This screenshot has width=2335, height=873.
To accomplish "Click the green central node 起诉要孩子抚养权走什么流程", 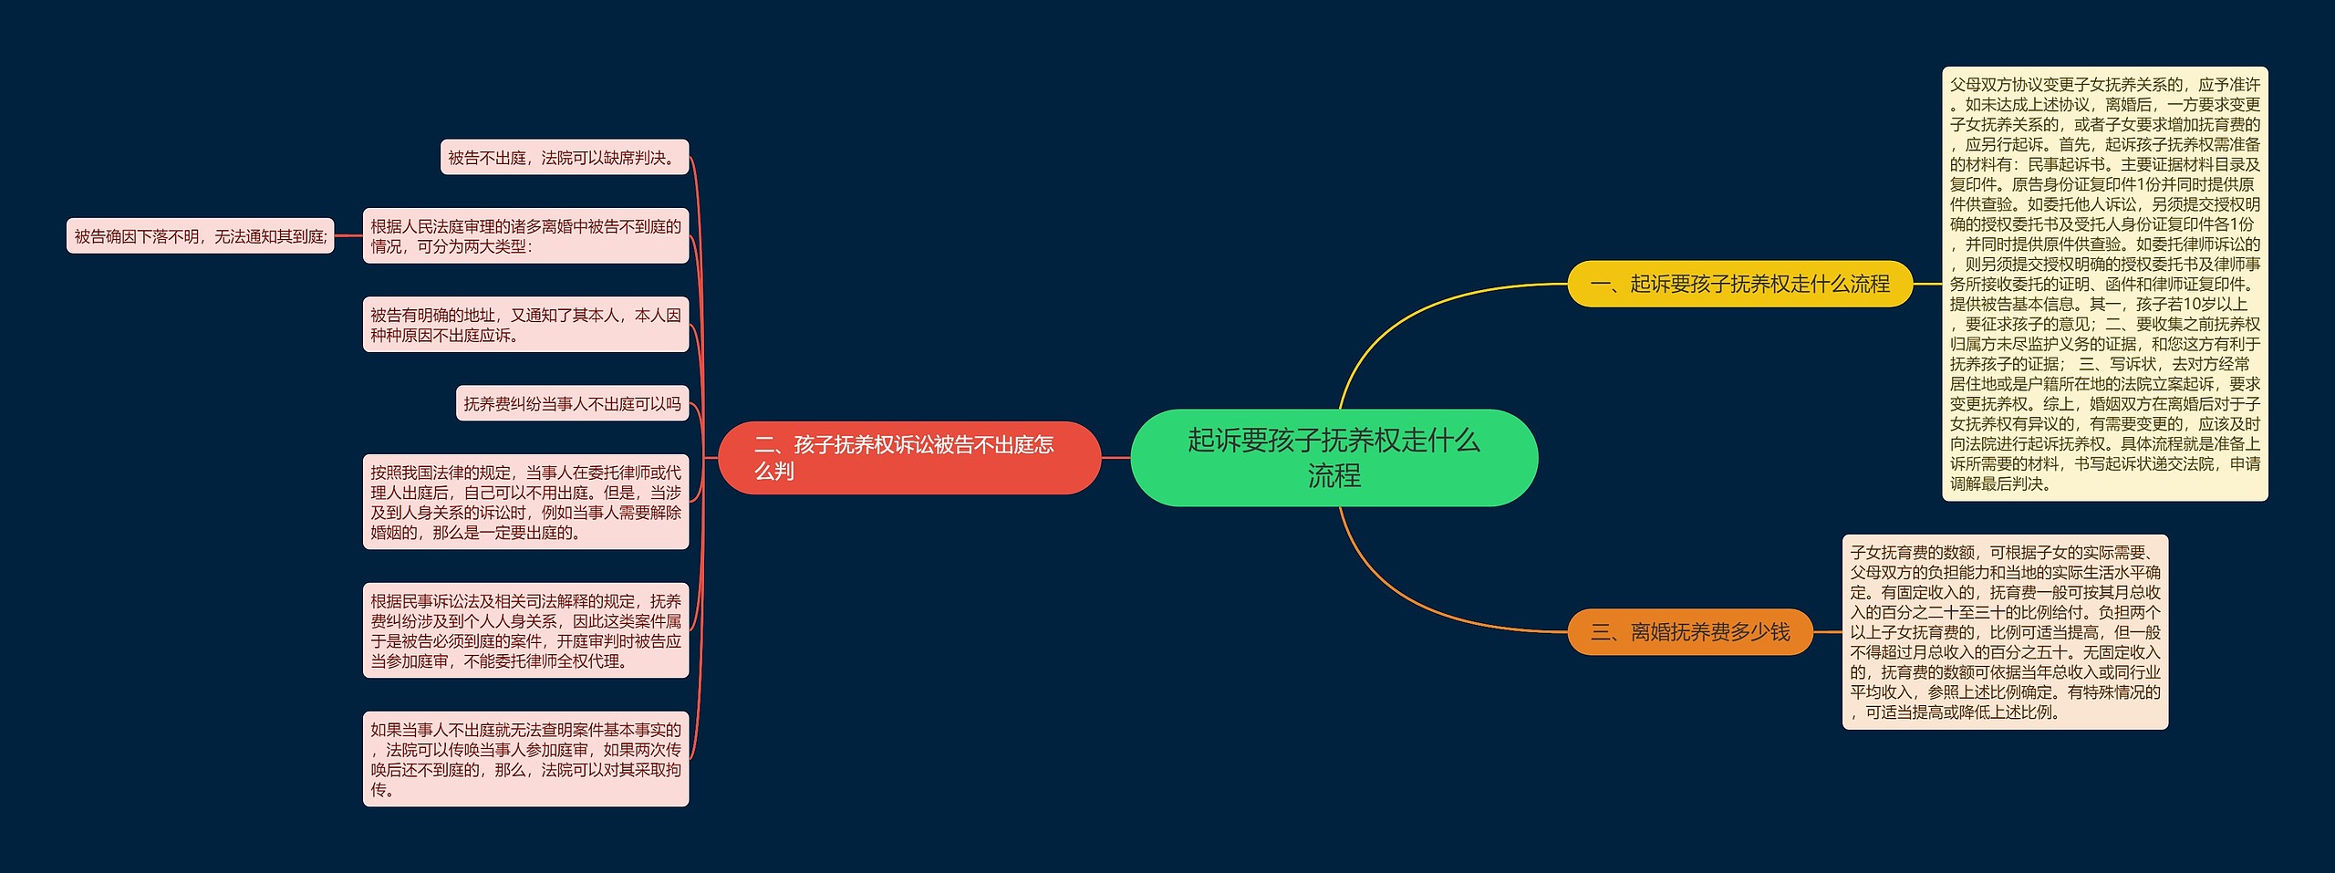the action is (1334, 457).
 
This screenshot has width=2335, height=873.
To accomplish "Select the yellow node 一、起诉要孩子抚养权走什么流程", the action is (1738, 284).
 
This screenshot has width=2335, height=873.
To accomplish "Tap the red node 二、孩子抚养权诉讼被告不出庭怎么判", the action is (908, 457).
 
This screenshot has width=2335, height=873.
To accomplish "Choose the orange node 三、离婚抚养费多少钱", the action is (1689, 631).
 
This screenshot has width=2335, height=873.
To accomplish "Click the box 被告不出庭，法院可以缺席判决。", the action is (564, 158).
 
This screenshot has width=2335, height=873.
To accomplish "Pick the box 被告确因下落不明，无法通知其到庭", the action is (200, 236).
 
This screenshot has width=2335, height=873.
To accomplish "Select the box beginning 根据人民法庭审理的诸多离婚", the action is (525, 236).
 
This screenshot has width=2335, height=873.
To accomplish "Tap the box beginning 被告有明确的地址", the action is (525, 325).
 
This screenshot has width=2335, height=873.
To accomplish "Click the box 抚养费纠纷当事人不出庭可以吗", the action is (572, 403).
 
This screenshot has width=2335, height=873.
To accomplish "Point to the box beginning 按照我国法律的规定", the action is (525, 502).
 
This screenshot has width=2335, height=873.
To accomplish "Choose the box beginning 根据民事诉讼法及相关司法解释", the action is (525, 630).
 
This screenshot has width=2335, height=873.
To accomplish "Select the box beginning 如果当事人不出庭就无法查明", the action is (525, 759).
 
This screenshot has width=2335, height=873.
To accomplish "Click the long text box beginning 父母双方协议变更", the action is (2104, 284).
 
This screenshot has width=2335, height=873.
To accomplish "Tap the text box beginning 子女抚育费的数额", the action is (2004, 631).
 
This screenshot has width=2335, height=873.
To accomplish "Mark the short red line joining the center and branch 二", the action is (1116, 458).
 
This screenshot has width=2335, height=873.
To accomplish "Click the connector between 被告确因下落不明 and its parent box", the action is (348, 236).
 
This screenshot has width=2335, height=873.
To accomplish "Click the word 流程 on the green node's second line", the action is (1334, 475).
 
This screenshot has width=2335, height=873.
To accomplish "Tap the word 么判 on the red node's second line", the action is (773, 471).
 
